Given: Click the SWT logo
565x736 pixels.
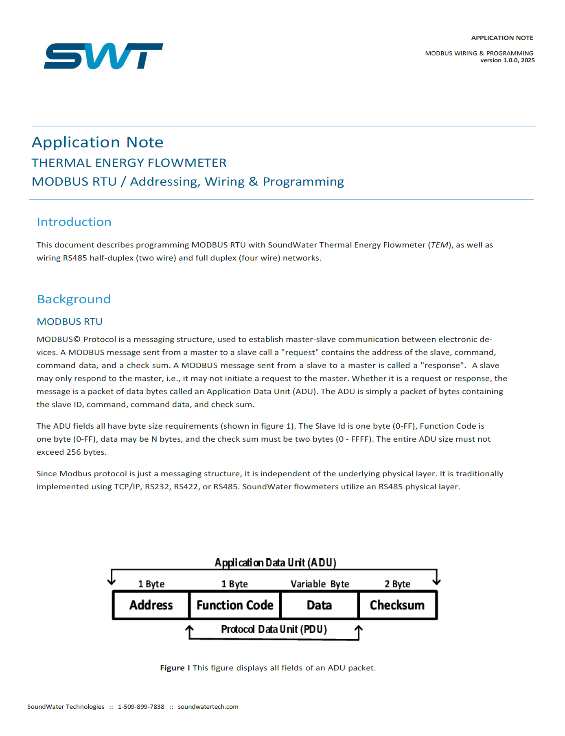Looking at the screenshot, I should tap(103, 56).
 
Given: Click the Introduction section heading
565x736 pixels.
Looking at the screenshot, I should tap(74, 222).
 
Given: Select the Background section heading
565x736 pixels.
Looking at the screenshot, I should tap(74, 299).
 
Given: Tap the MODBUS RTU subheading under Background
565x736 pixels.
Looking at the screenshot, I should tap(70, 322).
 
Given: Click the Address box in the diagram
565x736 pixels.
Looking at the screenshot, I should tap(151, 605).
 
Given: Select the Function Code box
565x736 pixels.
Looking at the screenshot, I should tap(235, 605).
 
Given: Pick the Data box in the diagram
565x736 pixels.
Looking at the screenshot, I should tap(320, 605).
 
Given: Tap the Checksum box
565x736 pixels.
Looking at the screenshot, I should tap(397, 605).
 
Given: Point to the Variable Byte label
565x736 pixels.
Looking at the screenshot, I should tap(320, 584).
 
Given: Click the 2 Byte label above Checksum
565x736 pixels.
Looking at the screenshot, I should tap(397, 584).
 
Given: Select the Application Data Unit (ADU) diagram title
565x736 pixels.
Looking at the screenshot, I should tap(276, 563).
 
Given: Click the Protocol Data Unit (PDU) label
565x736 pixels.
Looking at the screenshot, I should tap(274, 629).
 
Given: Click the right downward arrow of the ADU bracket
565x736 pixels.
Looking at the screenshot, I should tap(437, 580).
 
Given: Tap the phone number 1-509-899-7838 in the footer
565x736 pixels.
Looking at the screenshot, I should tap(141, 707).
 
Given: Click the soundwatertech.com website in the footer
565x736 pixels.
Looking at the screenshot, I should tap(208, 707).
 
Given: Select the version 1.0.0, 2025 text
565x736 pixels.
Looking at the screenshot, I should tap(507, 60).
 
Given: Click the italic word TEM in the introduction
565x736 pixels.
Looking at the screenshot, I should tap(440, 245).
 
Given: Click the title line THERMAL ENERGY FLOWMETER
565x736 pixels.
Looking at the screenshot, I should tap(129, 163).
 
